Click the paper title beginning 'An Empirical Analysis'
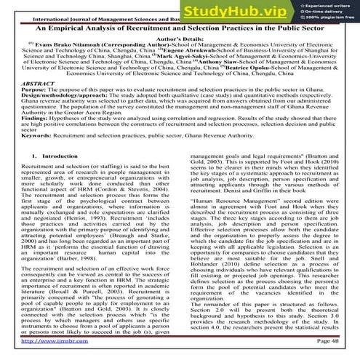coord(180,27)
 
